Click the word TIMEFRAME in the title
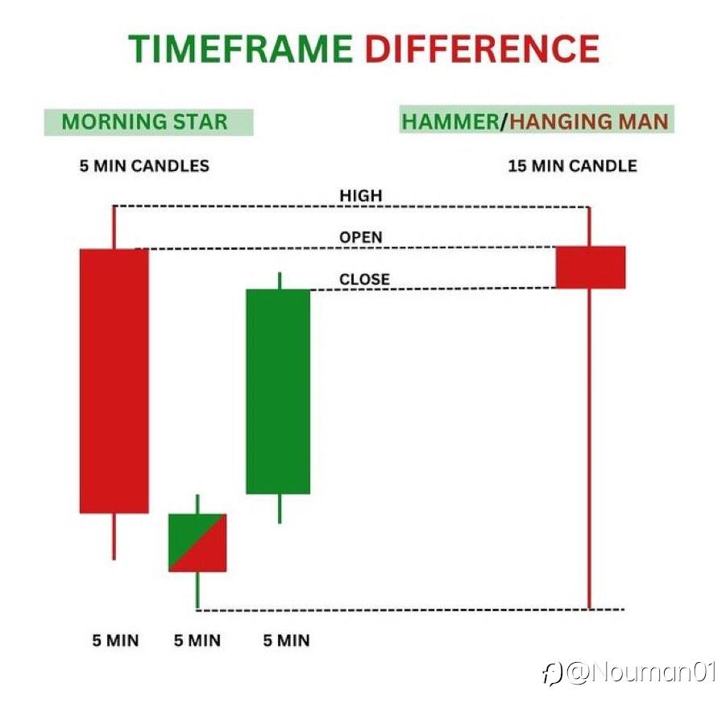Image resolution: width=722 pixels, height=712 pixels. [240, 49]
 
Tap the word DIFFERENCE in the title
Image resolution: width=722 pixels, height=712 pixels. [482, 49]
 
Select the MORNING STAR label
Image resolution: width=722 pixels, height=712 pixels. [144, 122]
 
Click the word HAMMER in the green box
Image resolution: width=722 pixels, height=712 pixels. [450, 122]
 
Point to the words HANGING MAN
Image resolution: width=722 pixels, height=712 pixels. [589, 122]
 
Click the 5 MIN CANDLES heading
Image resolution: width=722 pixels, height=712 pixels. [144, 166]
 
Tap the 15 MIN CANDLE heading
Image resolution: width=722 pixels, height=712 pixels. [572, 166]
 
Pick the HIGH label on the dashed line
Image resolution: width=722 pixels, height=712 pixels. [361, 196]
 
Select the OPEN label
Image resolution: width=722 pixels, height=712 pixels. [361, 237]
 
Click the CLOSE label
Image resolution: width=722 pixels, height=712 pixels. [365, 279]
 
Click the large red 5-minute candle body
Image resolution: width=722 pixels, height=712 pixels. [114, 381]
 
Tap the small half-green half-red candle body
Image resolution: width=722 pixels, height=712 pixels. [197, 543]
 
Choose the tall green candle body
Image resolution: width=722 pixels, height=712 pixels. [278, 392]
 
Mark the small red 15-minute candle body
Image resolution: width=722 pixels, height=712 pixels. [591, 267]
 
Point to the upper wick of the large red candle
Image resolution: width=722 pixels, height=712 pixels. [114, 227]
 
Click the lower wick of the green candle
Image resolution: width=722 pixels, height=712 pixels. [280, 509]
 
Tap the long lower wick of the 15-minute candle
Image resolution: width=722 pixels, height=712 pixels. [589, 448]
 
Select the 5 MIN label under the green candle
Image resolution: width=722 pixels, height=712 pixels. [286, 640]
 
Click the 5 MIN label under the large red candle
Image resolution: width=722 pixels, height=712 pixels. [115, 640]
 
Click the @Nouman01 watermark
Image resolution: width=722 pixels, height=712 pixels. [629, 672]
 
